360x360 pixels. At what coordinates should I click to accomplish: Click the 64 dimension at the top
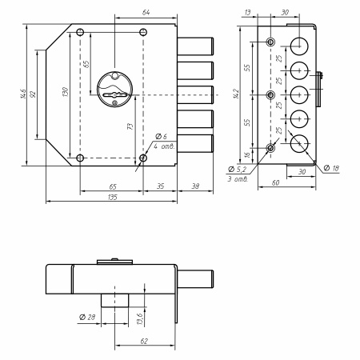click(x=146, y=13)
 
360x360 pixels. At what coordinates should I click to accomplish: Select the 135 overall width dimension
click(x=113, y=197)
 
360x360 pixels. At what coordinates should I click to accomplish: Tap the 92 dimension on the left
click(x=33, y=94)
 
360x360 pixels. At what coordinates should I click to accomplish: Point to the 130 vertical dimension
click(x=66, y=92)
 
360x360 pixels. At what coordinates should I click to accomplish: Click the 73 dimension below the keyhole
click(x=130, y=126)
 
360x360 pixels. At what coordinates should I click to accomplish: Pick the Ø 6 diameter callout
click(x=161, y=137)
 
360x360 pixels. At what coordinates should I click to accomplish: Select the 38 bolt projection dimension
click(x=195, y=186)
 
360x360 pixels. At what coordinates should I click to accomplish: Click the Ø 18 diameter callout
click(x=331, y=168)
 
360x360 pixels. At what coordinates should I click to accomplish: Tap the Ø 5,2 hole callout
click(x=237, y=169)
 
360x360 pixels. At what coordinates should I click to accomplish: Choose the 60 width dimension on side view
click(x=275, y=182)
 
